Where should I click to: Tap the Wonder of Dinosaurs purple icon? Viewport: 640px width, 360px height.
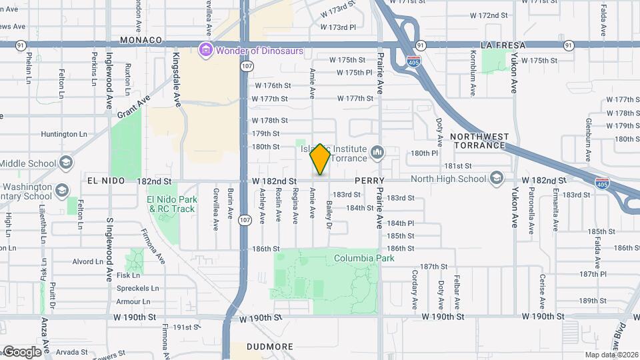(x=205, y=51)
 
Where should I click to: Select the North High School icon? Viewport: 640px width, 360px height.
(x=496, y=178)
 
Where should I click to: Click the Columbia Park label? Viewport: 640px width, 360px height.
(x=364, y=258)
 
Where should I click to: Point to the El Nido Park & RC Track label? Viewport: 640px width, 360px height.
(x=172, y=204)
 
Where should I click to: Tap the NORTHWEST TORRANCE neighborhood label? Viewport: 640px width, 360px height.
(x=479, y=141)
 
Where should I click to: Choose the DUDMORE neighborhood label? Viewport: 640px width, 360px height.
(x=270, y=347)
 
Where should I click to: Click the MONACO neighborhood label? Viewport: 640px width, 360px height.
(x=141, y=40)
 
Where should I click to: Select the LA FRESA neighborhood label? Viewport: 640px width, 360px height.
(x=503, y=45)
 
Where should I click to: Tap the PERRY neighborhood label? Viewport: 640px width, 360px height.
(x=370, y=181)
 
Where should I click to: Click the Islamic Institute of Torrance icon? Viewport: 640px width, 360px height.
(x=377, y=153)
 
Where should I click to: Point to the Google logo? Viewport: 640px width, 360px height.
(x=22, y=351)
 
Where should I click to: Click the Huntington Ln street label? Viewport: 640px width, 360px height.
(x=64, y=134)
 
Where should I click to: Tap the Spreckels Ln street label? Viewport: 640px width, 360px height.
(x=137, y=289)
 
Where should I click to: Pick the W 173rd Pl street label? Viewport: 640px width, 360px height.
(x=338, y=27)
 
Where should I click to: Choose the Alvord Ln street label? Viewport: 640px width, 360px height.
(x=87, y=261)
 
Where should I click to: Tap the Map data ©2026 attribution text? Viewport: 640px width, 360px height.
(x=611, y=355)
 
